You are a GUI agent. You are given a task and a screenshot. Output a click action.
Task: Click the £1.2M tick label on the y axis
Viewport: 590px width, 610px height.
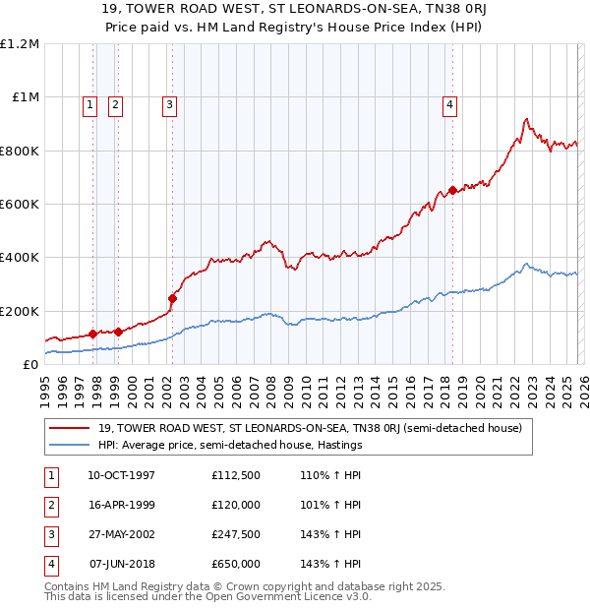pyautogui.click(x=20, y=44)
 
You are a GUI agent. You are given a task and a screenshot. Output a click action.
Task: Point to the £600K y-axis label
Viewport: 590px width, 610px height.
pyautogui.click(x=20, y=205)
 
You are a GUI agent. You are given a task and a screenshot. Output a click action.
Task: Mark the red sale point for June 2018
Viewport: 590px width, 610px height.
pyautogui.click(x=452, y=191)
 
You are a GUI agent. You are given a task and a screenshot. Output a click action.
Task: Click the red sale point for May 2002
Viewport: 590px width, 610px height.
pyautogui.click(x=172, y=298)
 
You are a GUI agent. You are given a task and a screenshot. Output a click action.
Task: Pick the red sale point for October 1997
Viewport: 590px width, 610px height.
pyautogui.click(x=92, y=335)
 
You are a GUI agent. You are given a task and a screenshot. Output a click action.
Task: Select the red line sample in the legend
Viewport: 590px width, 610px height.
pyautogui.click(x=71, y=428)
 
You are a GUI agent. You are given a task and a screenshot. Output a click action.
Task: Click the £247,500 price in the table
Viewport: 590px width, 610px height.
pyautogui.click(x=235, y=534)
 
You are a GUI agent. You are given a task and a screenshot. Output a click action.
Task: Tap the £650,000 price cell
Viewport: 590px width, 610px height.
pyautogui.click(x=235, y=564)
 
